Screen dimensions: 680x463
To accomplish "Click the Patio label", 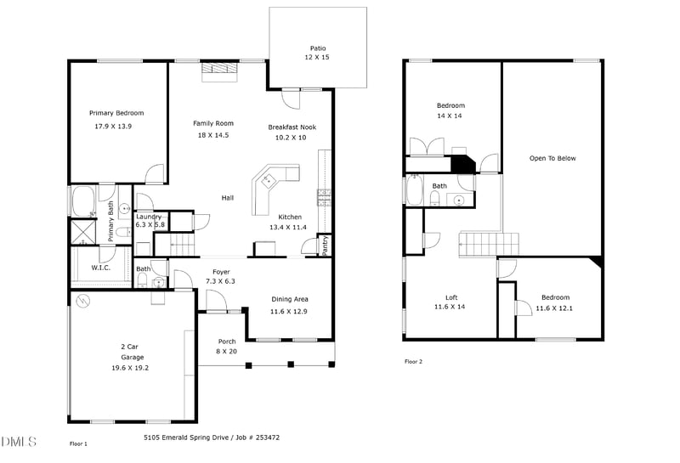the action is (318, 48).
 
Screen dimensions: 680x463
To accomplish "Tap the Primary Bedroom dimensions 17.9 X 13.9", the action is (113, 127).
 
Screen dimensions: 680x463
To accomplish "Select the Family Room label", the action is (213, 123).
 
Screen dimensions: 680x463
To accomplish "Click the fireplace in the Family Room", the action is (220, 72).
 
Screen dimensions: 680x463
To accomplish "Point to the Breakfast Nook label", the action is (292, 127).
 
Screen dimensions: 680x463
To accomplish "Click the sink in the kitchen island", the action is (267, 179).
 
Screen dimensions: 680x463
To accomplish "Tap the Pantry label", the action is (326, 245).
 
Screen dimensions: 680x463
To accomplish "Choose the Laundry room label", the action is (149, 217).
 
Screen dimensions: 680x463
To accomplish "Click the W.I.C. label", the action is (100, 268).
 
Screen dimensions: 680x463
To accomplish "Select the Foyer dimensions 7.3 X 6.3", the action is (220, 281).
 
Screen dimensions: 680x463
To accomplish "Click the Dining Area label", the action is (290, 299).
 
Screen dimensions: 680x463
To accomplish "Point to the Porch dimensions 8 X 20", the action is (227, 352).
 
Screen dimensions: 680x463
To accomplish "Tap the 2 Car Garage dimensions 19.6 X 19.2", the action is (130, 368).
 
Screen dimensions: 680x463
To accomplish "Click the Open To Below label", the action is (552, 158).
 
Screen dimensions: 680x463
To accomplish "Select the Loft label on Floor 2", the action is (451, 297).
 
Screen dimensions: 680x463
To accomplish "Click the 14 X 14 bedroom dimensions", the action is (450, 116).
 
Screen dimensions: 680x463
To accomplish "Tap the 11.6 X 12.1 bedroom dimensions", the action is (554, 308).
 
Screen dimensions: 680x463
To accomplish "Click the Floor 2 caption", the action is (413, 362).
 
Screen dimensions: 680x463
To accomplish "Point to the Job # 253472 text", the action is (258, 438).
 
